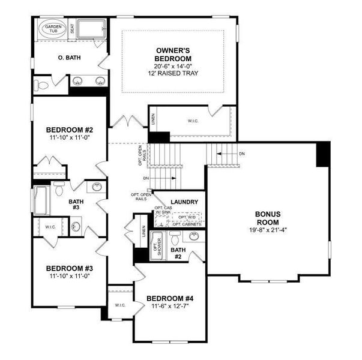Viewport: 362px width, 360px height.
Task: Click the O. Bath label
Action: pyautogui.click(x=70, y=58)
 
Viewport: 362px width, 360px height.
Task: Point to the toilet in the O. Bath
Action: pyautogui.click(x=41, y=83)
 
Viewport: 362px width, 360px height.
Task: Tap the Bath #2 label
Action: pyautogui.click(x=177, y=253)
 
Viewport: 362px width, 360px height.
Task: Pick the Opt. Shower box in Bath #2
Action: pyautogui.click(x=157, y=245)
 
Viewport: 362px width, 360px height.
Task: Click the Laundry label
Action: pyautogui.click(x=184, y=202)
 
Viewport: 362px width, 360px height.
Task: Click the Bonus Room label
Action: pyautogui.click(x=268, y=218)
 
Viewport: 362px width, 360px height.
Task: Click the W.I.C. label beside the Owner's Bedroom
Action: pyautogui.click(x=193, y=121)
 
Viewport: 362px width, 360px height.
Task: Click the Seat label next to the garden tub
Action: pyautogui.click(x=72, y=28)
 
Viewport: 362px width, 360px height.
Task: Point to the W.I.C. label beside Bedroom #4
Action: pyautogui.click(x=119, y=305)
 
